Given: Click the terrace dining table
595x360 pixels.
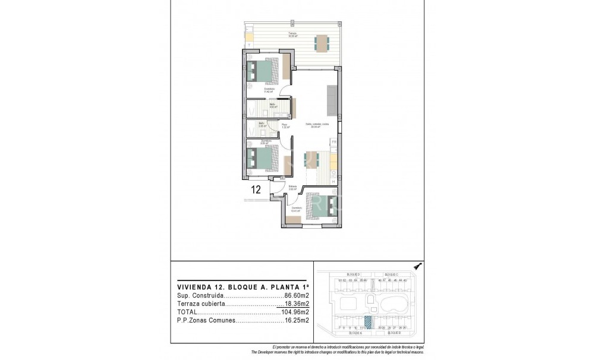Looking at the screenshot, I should tap(322, 42).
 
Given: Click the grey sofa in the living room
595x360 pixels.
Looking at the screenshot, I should tap(331, 99).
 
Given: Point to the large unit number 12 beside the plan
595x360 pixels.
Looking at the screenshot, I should tap(257, 190).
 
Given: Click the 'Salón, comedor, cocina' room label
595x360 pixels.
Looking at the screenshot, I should tap(317, 125).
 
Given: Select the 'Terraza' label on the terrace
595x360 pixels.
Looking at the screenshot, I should tap(292, 34).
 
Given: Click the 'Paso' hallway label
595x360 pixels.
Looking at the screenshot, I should tap(285, 125).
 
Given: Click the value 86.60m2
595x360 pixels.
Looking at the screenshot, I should tap(296, 295).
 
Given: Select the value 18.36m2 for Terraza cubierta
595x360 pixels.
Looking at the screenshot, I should tap(296, 303).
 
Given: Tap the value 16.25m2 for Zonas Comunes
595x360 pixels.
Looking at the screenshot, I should tap(296, 320).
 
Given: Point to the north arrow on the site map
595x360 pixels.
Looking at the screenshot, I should tap(417, 268).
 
